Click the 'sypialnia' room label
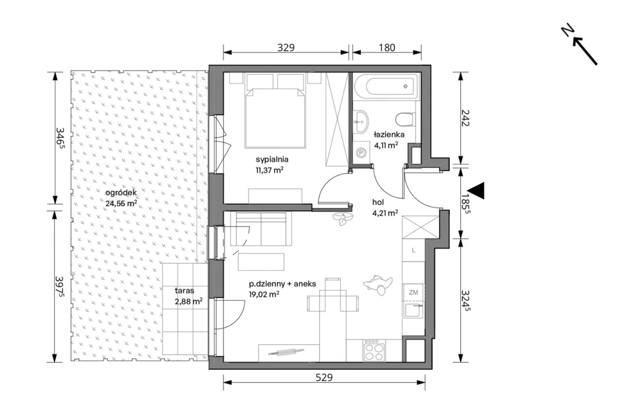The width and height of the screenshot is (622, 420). [x=272, y=160]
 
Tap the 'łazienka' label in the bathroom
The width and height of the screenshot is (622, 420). [x=389, y=135]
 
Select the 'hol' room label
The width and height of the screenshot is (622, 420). [x=378, y=202]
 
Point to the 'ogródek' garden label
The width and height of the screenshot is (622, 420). [x=121, y=193]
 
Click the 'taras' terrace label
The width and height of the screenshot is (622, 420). [x=184, y=291]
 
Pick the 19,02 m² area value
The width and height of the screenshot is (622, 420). [x=264, y=294]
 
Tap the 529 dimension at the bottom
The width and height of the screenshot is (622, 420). [x=324, y=378]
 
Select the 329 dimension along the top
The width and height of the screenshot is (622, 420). [x=286, y=48]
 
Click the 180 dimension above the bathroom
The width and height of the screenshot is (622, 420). [x=387, y=48]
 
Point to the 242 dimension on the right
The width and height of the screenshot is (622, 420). [x=465, y=118]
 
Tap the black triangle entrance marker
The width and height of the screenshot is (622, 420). [x=477, y=191]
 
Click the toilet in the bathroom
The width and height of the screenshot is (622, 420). [x=405, y=120]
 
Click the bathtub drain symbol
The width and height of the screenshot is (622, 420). [x=405, y=87]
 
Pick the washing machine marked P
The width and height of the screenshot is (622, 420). [x=361, y=152]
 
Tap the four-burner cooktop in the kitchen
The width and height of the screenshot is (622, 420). [x=375, y=351]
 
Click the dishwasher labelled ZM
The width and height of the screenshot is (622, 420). [x=414, y=292]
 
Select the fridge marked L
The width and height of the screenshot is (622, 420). [x=414, y=250]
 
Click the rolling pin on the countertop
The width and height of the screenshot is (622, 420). [x=286, y=351]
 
